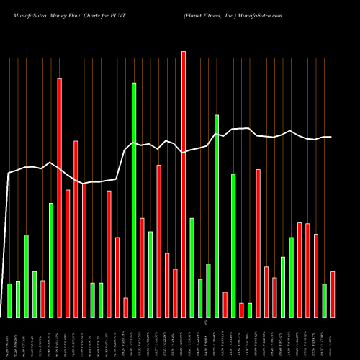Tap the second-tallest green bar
217,216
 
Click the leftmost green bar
9,300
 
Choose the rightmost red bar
333,294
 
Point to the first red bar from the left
42,299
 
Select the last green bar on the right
324,300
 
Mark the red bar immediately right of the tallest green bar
142,267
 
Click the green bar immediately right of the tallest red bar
192,267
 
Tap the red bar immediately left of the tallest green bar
125,307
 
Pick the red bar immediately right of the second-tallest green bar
225,305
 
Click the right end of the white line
331,137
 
